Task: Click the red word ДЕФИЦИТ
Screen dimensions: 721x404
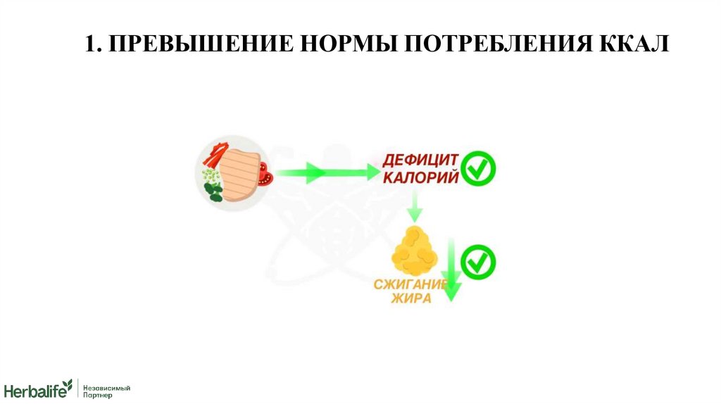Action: click(x=420, y=159)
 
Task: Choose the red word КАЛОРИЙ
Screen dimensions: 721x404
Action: click(x=420, y=177)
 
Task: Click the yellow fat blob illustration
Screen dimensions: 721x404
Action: click(x=414, y=251)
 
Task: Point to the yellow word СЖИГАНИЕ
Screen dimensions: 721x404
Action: click(x=412, y=284)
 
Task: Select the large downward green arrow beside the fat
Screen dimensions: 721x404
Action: click(x=449, y=270)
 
